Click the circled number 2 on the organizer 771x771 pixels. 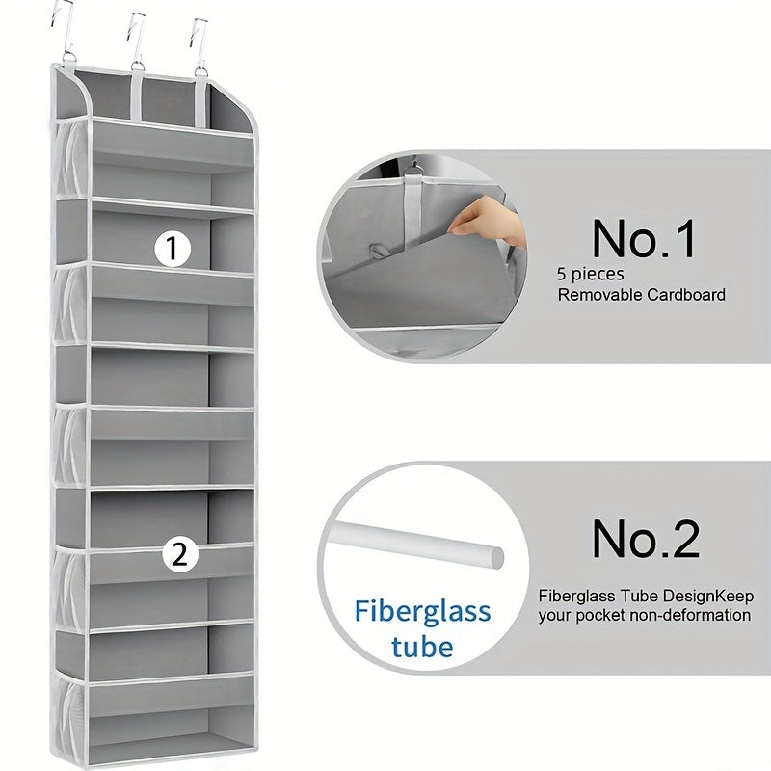click(x=179, y=554)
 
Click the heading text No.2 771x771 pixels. click(x=645, y=539)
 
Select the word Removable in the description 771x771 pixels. click(x=599, y=295)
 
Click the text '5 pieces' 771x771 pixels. click(x=590, y=275)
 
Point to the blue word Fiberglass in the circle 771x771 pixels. click(x=422, y=611)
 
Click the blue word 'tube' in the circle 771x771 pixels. click(x=422, y=645)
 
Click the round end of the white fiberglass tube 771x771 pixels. click(x=493, y=555)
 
